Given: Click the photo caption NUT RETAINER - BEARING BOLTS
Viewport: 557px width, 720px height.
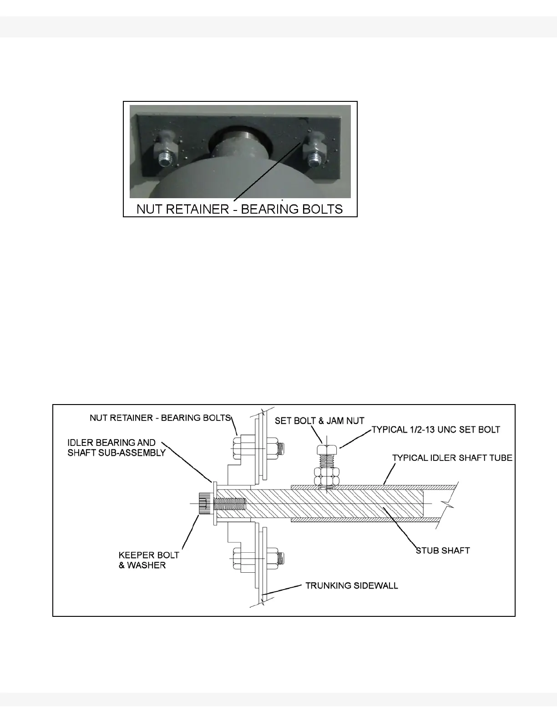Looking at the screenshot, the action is (x=240, y=209).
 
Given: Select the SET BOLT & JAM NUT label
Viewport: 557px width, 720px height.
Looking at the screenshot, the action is (x=319, y=421).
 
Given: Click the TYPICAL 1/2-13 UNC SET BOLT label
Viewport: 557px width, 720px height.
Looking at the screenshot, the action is (x=436, y=429).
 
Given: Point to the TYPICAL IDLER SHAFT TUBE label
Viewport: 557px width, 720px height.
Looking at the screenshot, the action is (x=452, y=458).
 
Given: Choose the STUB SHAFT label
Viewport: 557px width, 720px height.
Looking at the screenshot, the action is (x=443, y=550).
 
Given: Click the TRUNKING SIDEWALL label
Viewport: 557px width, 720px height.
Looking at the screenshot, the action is (x=351, y=585).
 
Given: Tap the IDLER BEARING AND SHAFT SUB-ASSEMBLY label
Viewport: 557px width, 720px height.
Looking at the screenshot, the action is (x=116, y=448).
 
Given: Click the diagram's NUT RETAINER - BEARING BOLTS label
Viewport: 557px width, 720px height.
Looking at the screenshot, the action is (x=161, y=418).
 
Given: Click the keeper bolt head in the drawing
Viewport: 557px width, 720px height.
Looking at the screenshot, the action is (x=204, y=504).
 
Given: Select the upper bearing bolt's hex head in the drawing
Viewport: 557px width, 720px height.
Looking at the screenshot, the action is (x=238, y=447).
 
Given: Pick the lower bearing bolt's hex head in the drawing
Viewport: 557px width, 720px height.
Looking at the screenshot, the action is (x=238, y=559).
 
